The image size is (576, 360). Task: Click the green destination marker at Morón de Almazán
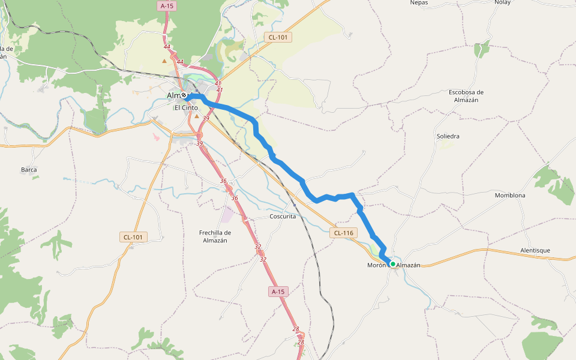[393, 264]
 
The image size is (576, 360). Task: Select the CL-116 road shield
[344, 233]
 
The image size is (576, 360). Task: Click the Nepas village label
[419, 2]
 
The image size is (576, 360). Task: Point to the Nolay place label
[502, 2]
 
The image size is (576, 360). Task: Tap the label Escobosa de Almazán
[466, 96]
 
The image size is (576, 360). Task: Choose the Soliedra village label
[448, 136]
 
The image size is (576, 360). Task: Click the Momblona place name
[510, 196]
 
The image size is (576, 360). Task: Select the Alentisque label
[535, 250]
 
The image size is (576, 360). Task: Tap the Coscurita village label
[283, 217]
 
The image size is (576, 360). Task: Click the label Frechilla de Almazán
[215, 236]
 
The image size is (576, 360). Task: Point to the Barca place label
[29, 170]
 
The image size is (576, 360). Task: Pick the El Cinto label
[185, 108]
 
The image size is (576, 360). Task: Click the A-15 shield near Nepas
[167, 5]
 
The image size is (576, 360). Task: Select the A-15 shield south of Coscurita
[277, 292]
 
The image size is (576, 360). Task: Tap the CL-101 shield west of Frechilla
[133, 237]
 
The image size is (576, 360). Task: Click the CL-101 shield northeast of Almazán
[278, 37]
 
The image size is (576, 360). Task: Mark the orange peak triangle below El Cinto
[196, 116]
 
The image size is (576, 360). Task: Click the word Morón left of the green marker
[376, 265]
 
